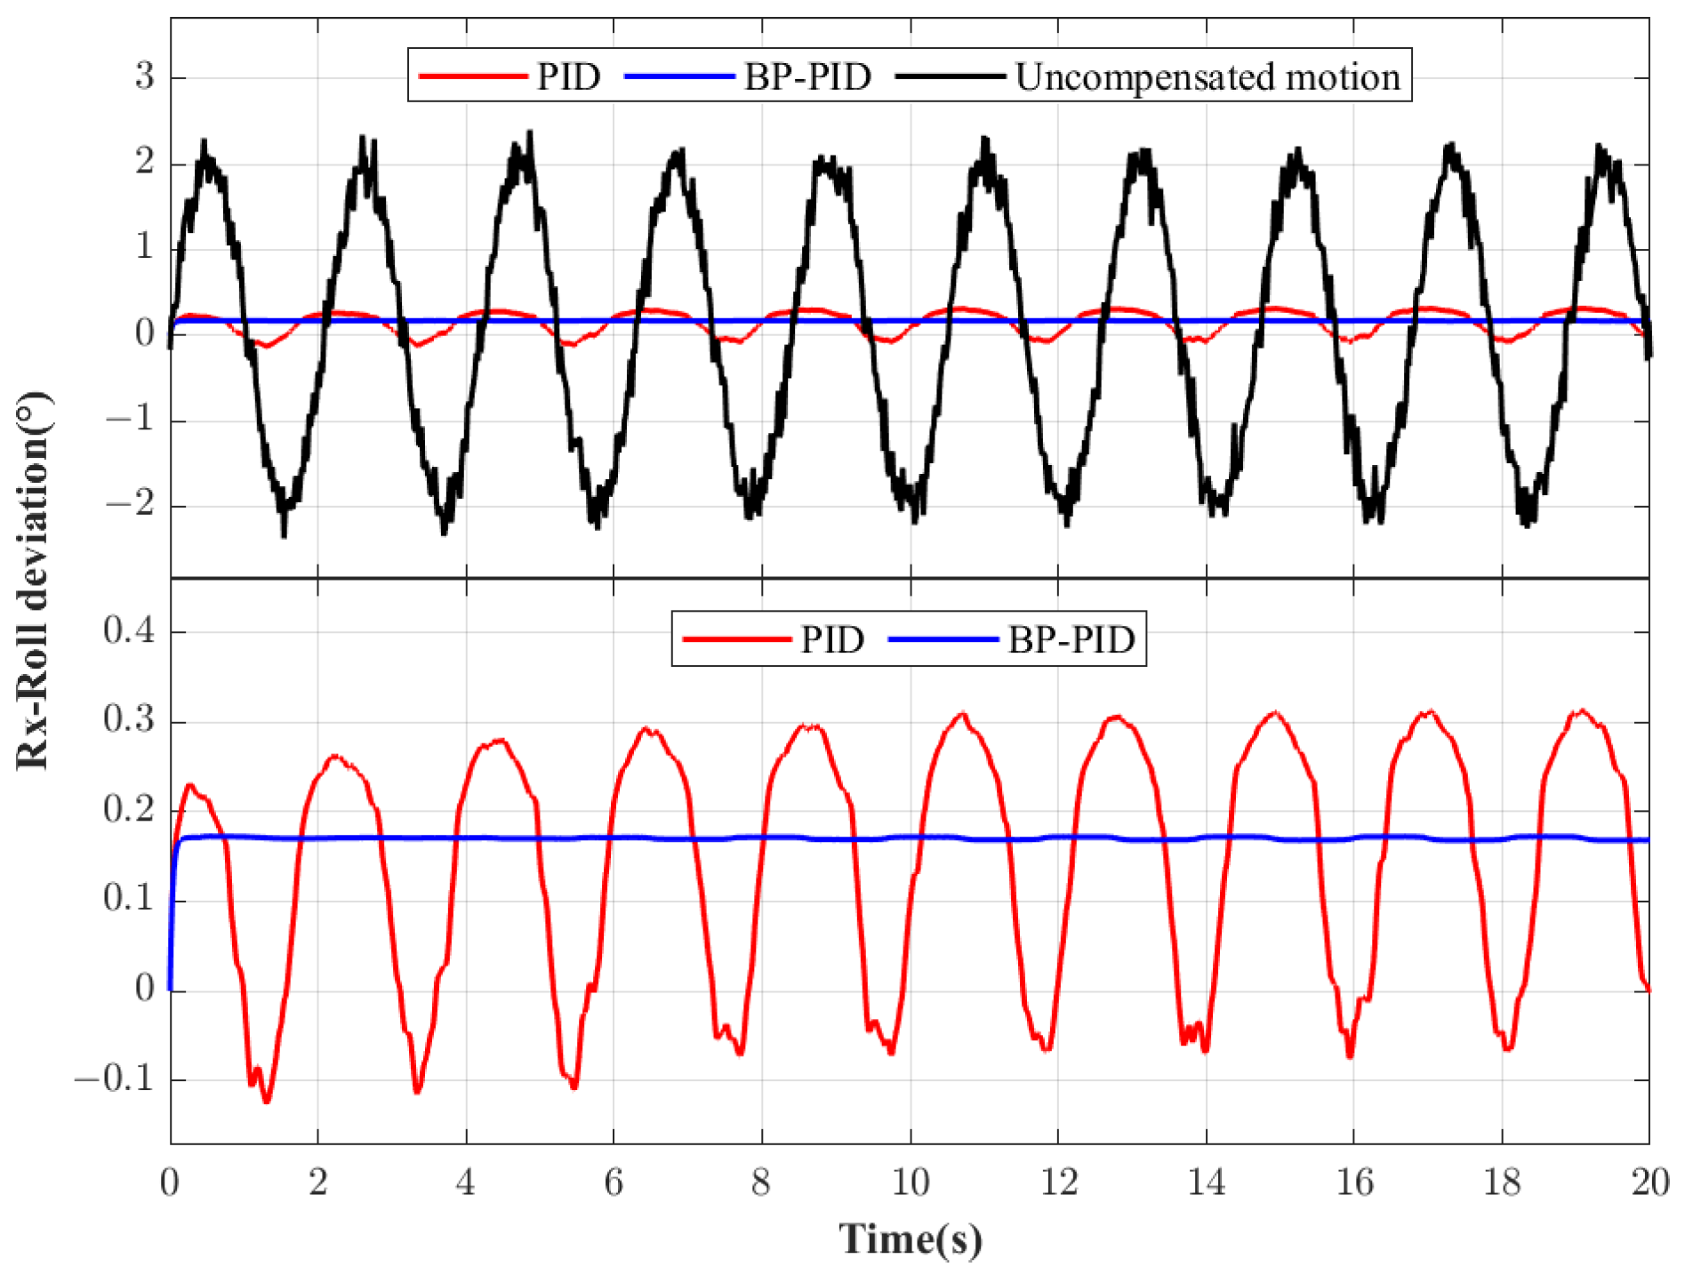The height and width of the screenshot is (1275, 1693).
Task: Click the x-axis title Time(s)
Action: [911, 1239]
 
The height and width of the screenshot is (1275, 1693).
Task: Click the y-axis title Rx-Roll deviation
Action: [34, 580]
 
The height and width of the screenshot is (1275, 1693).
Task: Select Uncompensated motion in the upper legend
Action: [1207, 77]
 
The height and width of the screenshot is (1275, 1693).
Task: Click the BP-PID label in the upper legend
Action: [806, 77]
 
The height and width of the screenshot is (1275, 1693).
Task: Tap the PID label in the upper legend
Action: [568, 77]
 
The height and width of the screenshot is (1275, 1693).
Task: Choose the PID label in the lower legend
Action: [832, 639]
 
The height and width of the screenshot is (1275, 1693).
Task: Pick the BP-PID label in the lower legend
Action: [1071, 639]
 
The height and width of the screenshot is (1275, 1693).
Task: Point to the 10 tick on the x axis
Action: [911, 1183]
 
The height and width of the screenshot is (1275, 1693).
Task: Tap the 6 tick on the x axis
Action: [614, 1183]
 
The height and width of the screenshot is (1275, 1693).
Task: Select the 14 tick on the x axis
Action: [1207, 1183]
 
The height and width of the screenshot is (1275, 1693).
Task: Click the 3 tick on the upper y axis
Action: [144, 76]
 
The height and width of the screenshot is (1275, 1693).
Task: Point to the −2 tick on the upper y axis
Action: [130, 505]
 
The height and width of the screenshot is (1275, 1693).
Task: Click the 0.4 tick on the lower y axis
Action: [128, 631]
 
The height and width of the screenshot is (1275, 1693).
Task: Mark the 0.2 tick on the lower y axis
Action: [128, 810]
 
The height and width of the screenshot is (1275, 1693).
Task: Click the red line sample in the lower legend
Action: [736, 639]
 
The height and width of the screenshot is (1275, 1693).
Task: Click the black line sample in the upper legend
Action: [950, 77]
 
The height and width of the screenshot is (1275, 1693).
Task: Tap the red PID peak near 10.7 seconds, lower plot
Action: [962, 714]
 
